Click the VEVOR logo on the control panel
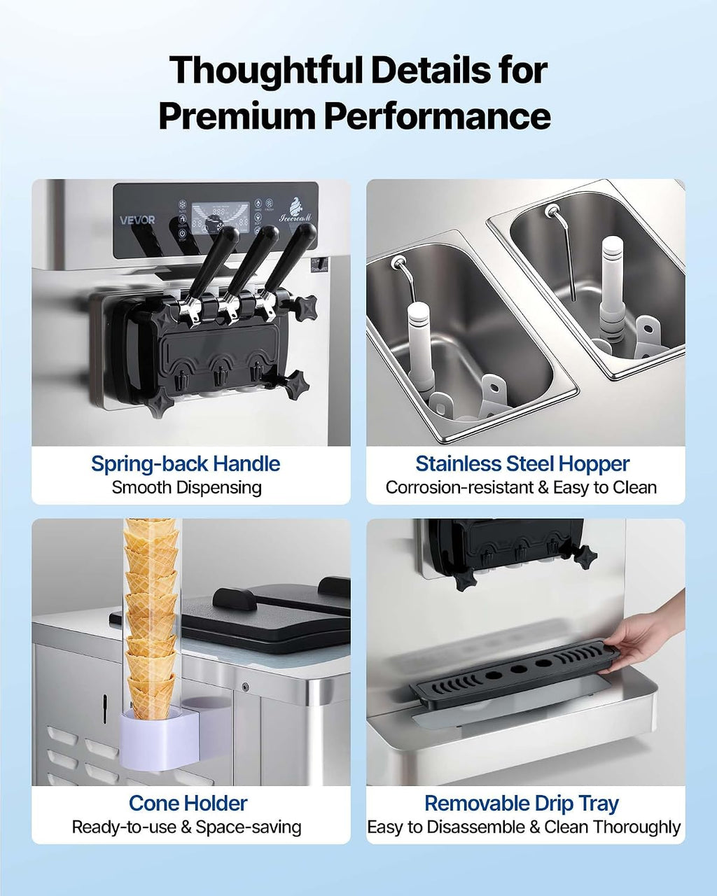[x=137, y=220]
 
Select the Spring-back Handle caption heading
[x=186, y=464]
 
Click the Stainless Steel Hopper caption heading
[x=522, y=464]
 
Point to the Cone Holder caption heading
[x=188, y=804]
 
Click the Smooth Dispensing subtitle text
[x=186, y=488]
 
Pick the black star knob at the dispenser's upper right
[x=306, y=307]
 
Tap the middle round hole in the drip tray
[x=519, y=670]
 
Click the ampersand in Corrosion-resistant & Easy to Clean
[x=543, y=488]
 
